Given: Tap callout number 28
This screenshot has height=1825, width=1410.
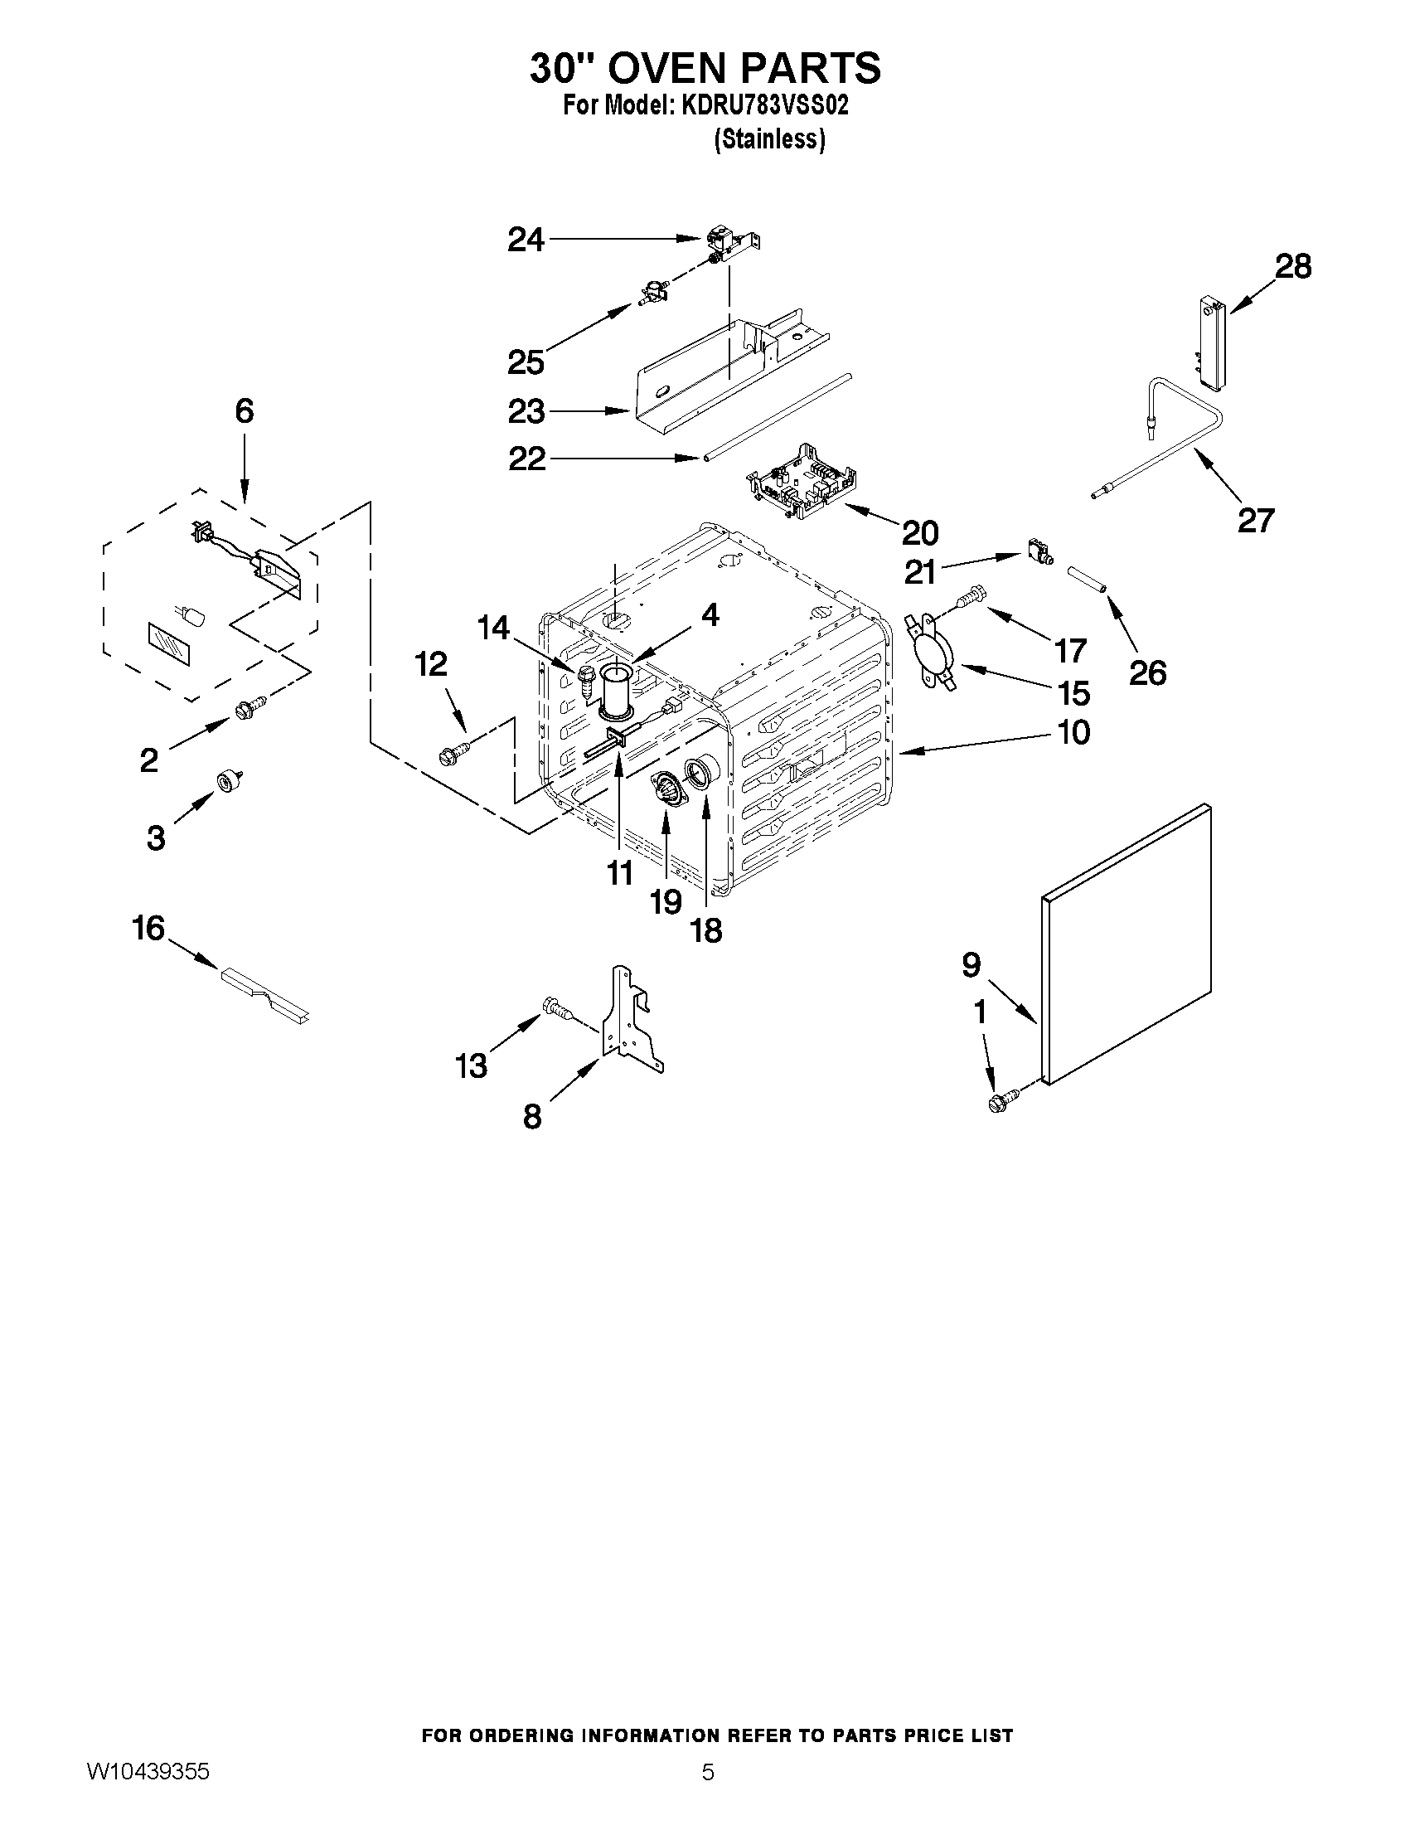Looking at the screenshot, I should tap(1292, 266).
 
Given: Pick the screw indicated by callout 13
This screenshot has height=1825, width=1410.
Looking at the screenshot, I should tap(556, 1008).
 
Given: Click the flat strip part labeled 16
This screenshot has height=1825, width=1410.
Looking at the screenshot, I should tap(264, 993).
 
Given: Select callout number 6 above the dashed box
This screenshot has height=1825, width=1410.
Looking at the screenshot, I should tap(244, 411).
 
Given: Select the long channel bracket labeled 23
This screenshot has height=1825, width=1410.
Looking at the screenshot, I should tap(719, 367).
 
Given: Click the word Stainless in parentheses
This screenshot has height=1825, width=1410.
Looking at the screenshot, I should tap(769, 138).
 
